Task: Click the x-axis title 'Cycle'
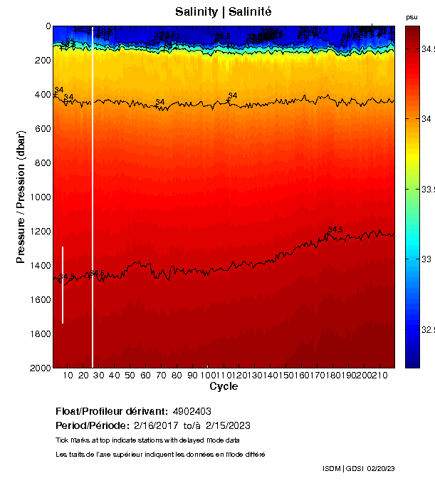point(224,386)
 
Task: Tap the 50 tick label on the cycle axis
point(130,375)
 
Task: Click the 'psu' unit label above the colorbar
point(412,16)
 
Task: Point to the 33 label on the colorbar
point(425,259)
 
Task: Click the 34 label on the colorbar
point(425,118)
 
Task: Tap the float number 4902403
point(191,411)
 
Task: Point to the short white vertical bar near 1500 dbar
point(63,285)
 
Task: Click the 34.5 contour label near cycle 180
point(335,229)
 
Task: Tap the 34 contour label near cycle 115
point(232,95)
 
